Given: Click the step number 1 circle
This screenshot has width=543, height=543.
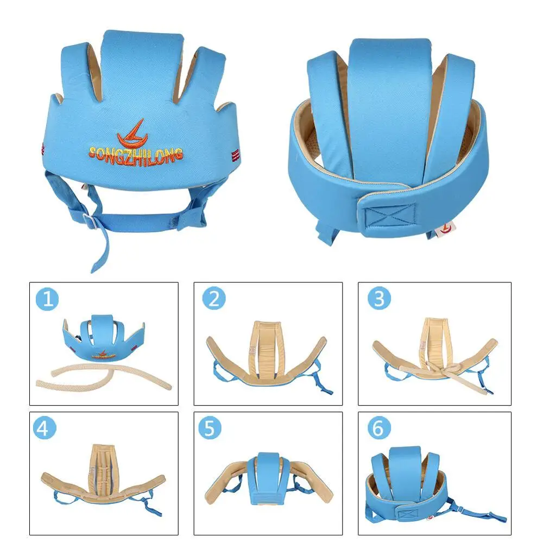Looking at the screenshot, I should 48,300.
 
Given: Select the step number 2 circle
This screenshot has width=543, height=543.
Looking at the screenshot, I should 213,300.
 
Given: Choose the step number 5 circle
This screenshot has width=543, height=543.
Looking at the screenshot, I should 209,428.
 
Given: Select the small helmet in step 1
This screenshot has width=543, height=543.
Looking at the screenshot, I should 103,339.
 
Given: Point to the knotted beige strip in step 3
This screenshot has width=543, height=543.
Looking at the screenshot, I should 432,371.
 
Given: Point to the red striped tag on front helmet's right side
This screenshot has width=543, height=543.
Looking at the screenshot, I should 235,154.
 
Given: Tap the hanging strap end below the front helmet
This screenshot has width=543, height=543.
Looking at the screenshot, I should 98,261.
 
